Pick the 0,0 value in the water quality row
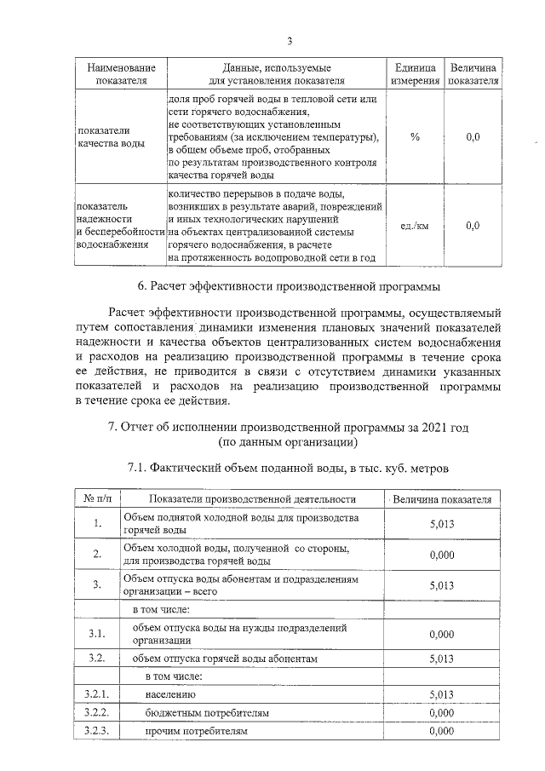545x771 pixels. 474,136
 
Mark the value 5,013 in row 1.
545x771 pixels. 442,523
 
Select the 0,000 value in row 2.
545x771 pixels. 442,555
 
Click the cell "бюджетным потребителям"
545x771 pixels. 207,712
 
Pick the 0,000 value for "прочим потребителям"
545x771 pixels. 442,731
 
